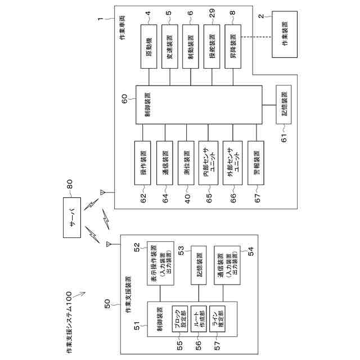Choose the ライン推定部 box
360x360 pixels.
[x=217, y=321]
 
